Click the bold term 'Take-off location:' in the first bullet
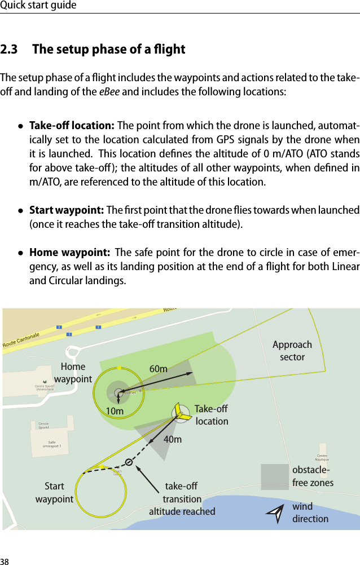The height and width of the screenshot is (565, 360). (72, 125)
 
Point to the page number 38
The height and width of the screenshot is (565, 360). (5, 561)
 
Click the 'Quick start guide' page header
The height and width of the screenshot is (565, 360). (38, 6)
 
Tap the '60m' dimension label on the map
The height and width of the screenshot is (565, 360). (158, 369)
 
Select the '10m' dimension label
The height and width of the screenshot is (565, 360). (115, 412)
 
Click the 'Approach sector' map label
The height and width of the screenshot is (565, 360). (292, 351)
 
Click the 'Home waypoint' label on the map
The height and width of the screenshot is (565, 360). (73, 373)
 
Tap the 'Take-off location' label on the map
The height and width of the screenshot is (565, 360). (212, 415)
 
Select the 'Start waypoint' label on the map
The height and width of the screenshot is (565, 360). (54, 492)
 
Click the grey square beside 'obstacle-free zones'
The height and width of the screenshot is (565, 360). (275, 476)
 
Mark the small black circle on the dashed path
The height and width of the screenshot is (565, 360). (129, 462)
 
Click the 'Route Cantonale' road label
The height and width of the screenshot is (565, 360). (21, 339)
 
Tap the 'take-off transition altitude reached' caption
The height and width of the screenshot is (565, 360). (182, 499)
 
